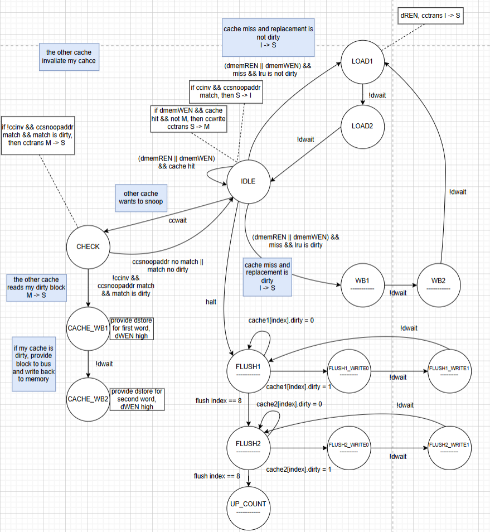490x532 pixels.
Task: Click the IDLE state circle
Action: [249, 181]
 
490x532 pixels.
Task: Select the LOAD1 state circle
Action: [362, 61]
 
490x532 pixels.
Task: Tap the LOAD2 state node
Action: [362, 126]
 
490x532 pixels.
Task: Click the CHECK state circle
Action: [88, 246]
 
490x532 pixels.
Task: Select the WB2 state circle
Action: [438, 285]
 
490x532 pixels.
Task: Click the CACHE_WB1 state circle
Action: [88, 328]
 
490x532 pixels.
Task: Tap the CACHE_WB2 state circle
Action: [88, 399]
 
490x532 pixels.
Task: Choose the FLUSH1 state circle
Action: [249, 371]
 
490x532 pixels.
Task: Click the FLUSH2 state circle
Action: [249, 447]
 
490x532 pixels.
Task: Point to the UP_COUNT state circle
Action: [249, 507]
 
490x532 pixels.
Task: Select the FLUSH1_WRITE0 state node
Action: [349, 371]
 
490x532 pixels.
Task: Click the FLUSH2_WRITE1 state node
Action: [449, 447]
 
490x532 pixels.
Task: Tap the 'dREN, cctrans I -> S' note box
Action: [431, 16]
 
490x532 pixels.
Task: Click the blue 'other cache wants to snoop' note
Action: [140, 198]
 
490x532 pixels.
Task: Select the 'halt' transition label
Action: [212, 302]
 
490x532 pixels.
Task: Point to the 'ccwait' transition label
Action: [178, 220]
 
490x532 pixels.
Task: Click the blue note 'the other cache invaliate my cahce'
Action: [69, 56]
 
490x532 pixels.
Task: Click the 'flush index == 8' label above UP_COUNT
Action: [217, 476]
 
